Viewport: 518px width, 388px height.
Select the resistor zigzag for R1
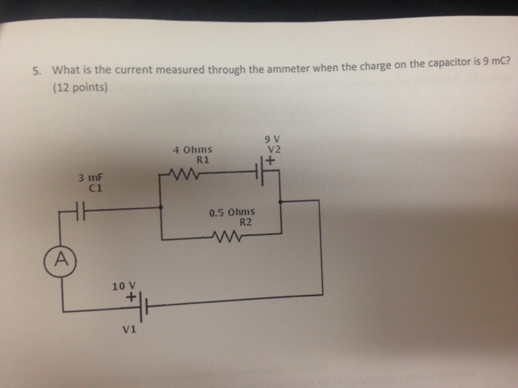coord(181,176)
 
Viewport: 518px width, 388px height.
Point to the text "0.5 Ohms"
coord(232,212)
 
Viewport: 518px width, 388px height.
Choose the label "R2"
coord(246,222)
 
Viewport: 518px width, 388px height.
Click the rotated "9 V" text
coord(266,137)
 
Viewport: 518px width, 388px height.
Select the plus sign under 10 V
coord(133,297)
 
